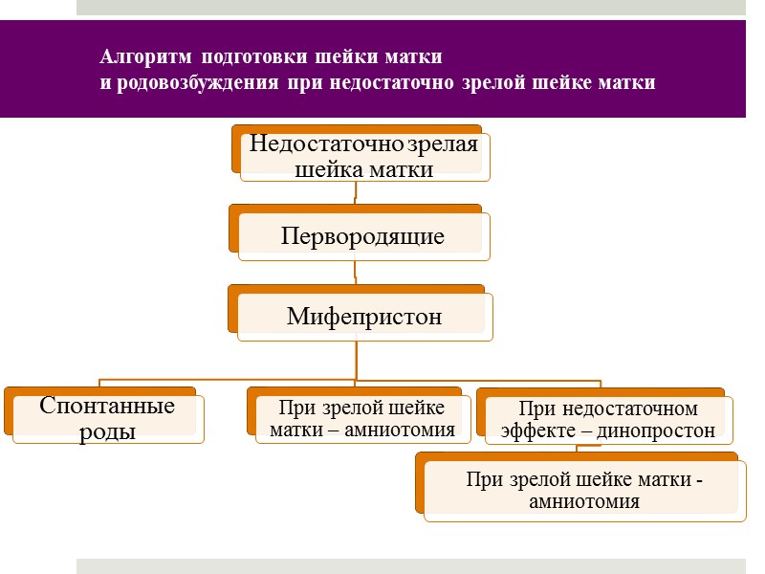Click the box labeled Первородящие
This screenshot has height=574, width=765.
click(363, 236)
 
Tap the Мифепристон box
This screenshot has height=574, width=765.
click(364, 317)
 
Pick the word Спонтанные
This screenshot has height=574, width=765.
click(107, 406)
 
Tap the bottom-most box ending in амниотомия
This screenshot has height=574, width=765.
click(583, 490)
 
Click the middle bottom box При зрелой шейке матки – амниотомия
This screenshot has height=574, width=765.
click(362, 418)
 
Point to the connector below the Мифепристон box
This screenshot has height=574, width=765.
click(357, 359)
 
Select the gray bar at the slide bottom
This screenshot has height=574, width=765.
click(410, 565)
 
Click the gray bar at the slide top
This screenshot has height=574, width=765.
click(410, 7)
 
